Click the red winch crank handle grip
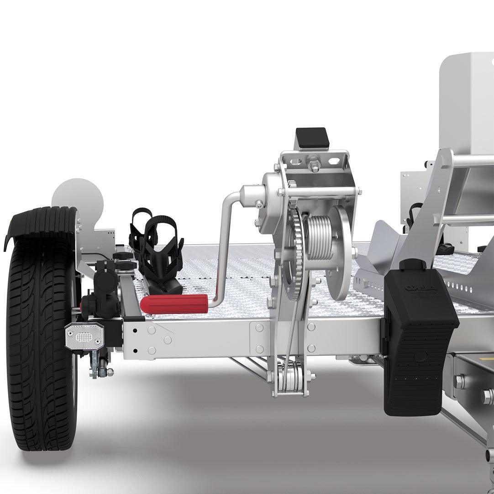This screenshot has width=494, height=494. click(173, 304)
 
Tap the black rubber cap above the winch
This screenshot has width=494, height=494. click(311, 138)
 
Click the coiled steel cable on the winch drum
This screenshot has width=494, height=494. click(320, 237)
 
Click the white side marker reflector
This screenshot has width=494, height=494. click(84, 336)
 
